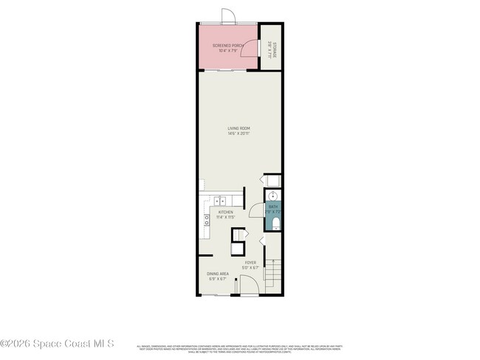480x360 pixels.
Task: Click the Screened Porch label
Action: pos(227,46)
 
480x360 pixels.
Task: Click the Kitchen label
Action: pos(225,212)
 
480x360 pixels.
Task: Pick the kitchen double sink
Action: pos(220,201)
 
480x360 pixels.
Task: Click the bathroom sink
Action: pos(272,196)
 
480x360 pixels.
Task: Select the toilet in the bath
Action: pos(275,223)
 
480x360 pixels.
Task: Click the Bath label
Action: pos(272,207)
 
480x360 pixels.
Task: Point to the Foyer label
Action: pos(251,262)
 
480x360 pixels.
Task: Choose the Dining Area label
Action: pos(217,274)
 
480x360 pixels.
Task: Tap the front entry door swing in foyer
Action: pos(249,286)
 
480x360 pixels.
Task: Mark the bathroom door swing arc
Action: pos(256,210)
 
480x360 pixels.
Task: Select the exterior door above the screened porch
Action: pos(228,16)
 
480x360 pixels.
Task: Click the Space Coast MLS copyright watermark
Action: pos(58,343)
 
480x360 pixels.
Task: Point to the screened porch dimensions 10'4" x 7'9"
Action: pos(227,51)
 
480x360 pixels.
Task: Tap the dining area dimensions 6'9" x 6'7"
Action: pos(217,279)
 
